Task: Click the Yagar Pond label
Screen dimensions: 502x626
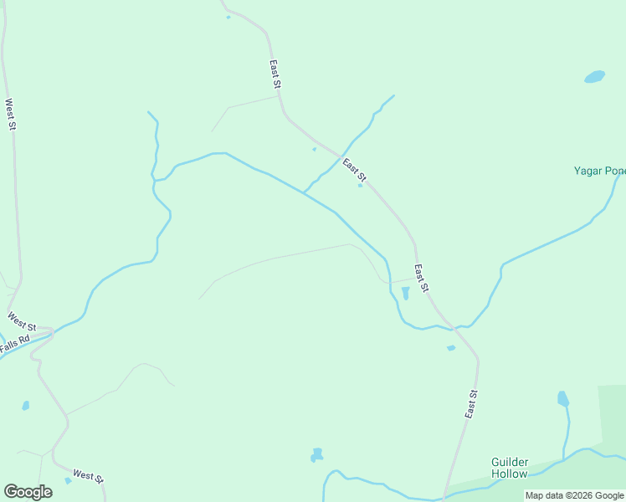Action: [599, 172]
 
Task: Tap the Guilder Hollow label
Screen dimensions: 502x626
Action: [510, 468]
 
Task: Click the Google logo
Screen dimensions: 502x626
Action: [28, 491]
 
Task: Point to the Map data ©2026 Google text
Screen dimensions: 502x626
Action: [575, 495]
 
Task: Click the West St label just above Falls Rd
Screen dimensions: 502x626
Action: [22, 320]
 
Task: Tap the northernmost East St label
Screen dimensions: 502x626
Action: [275, 74]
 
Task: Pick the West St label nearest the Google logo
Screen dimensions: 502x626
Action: [87, 475]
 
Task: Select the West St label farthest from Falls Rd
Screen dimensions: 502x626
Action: [11, 115]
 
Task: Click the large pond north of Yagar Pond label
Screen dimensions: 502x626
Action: [594, 77]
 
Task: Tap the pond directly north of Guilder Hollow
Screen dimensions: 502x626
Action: [562, 398]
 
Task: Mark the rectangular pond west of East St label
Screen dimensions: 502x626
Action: [405, 293]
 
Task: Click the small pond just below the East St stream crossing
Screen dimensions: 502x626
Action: [451, 348]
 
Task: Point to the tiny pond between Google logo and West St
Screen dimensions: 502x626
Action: [68, 481]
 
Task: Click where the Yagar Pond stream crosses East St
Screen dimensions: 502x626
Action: [457, 326]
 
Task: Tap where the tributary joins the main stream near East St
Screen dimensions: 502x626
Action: [304, 192]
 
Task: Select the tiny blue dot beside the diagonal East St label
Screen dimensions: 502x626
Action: [361, 186]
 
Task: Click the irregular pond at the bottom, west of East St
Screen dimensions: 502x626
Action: [316, 454]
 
